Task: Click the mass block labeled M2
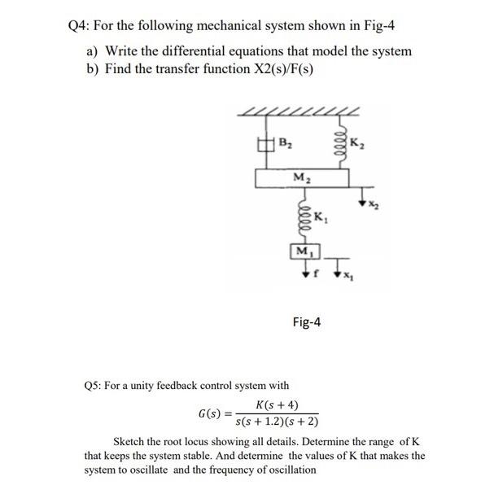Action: coord(301,177)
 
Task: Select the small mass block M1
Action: coord(302,249)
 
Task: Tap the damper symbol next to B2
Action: coord(262,146)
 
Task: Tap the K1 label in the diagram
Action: coord(320,217)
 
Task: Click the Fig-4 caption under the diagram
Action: coord(306,322)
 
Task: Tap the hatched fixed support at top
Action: coord(300,111)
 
